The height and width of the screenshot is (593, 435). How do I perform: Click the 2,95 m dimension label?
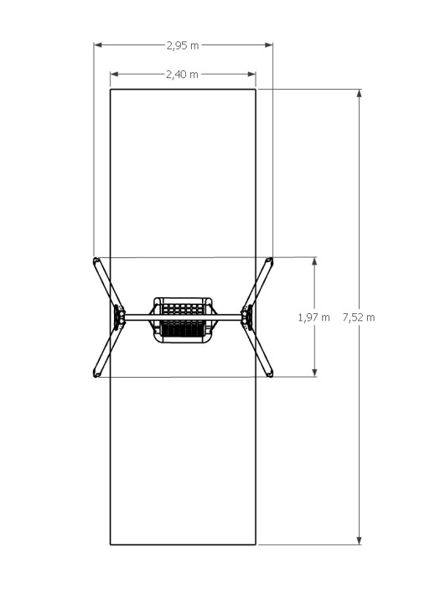pyautogui.click(x=183, y=44)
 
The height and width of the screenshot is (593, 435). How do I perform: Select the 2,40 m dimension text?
pyautogui.click(x=183, y=74)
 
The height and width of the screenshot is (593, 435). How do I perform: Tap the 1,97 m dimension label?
pyautogui.click(x=314, y=317)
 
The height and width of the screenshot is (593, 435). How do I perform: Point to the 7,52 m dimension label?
pyautogui.click(x=359, y=317)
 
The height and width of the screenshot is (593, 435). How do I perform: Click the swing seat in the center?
pyautogui.click(x=183, y=319)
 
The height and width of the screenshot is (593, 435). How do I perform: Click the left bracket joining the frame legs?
pyautogui.click(x=117, y=317)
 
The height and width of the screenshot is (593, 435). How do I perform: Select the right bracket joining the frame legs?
pyautogui.click(x=248, y=317)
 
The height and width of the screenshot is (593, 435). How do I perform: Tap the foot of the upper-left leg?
pyautogui.click(x=96, y=261)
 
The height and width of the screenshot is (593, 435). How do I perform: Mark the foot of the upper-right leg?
pyautogui.click(x=269, y=261)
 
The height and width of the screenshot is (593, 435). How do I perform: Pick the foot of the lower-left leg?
pyautogui.click(x=96, y=374)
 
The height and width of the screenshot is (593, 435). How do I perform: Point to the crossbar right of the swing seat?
pyautogui.click(x=228, y=317)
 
